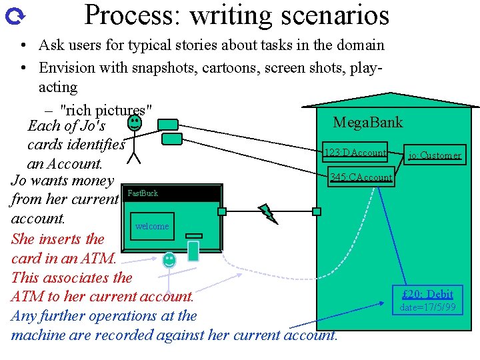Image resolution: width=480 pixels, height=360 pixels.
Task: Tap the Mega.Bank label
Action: (x=368, y=122)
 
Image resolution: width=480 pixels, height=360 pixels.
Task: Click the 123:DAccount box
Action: (x=355, y=153)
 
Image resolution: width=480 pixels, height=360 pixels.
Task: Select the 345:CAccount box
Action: (x=361, y=177)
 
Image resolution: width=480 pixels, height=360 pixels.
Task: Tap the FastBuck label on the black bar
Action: (x=143, y=193)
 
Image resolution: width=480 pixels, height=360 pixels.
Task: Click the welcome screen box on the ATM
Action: (x=152, y=226)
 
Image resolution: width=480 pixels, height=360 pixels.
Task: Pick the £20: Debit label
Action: (x=428, y=294)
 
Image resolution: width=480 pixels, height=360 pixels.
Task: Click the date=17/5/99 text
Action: (x=428, y=307)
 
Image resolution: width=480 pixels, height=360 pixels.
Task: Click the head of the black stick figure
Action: (x=134, y=122)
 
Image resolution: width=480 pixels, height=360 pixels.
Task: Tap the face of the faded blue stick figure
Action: (x=170, y=259)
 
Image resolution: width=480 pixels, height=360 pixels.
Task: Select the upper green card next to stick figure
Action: (x=168, y=125)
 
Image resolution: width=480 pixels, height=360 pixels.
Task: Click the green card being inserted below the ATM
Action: (x=193, y=251)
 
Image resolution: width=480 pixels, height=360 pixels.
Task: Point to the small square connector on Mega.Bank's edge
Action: (x=317, y=211)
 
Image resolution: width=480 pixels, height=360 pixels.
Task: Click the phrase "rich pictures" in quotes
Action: (x=107, y=109)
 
